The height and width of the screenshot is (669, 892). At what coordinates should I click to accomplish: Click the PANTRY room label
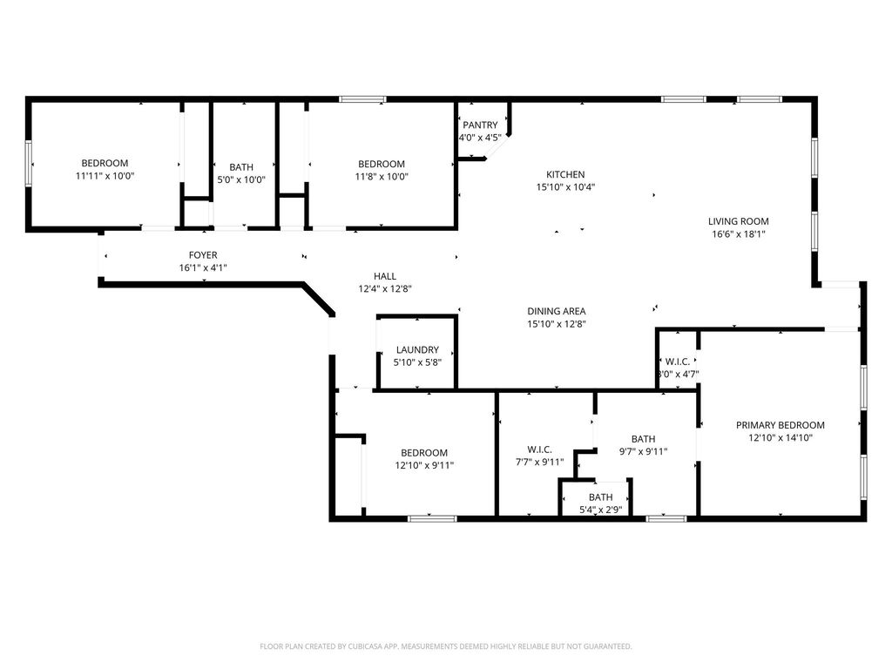click(480, 125)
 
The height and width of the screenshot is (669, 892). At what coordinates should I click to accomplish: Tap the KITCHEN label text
click(565, 174)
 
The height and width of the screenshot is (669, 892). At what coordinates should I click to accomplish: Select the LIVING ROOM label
click(739, 221)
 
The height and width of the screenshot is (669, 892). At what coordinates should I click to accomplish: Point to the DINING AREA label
click(557, 311)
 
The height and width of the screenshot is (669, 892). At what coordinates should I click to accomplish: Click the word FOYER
click(203, 255)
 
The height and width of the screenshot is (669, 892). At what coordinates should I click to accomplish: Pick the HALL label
click(385, 276)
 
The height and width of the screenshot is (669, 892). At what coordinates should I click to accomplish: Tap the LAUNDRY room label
click(417, 350)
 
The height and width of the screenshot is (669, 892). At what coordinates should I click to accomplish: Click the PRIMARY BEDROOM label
click(780, 425)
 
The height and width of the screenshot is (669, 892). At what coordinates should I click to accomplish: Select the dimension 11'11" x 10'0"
click(105, 176)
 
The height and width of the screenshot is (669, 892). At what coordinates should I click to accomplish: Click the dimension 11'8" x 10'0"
click(382, 176)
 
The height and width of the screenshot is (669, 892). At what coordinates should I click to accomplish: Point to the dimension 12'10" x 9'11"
click(424, 465)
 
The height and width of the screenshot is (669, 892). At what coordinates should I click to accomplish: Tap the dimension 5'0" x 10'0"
click(241, 179)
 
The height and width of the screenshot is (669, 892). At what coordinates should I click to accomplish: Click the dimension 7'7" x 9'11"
click(539, 462)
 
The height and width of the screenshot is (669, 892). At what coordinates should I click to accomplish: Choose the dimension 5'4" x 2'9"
click(601, 510)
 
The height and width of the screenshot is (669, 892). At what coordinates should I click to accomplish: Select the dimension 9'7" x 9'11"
click(644, 452)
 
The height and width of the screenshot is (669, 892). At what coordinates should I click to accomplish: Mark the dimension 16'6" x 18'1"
click(739, 233)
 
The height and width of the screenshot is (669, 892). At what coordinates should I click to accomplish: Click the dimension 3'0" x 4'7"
click(678, 375)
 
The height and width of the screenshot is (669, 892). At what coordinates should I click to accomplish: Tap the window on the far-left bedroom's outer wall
click(28, 163)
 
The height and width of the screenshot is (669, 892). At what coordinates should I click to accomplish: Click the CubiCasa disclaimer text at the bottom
click(446, 646)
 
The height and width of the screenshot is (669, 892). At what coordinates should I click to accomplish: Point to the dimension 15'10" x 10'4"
click(565, 187)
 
